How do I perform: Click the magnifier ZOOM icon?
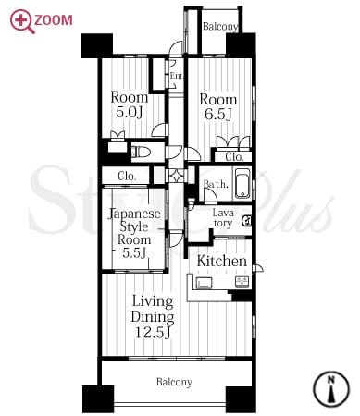(22, 21)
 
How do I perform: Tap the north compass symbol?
(331, 389)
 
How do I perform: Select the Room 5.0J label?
(130, 104)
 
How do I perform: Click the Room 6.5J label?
(218, 106)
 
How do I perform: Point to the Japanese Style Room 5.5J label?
(134, 233)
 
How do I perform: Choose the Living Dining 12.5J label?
(153, 316)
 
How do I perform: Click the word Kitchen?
(222, 262)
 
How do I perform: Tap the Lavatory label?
(223, 217)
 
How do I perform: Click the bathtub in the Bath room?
(243, 184)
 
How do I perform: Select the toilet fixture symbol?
(141, 153)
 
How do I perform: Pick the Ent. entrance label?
(177, 76)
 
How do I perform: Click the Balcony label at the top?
(220, 27)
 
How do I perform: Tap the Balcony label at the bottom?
(174, 382)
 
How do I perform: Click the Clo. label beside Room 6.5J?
(234, 157)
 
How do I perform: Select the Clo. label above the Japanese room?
(127, 177)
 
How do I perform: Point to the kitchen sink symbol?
(243, 282)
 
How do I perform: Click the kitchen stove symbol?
(202, 283)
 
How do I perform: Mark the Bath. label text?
(216, 184)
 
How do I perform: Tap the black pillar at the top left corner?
(97, 45)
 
